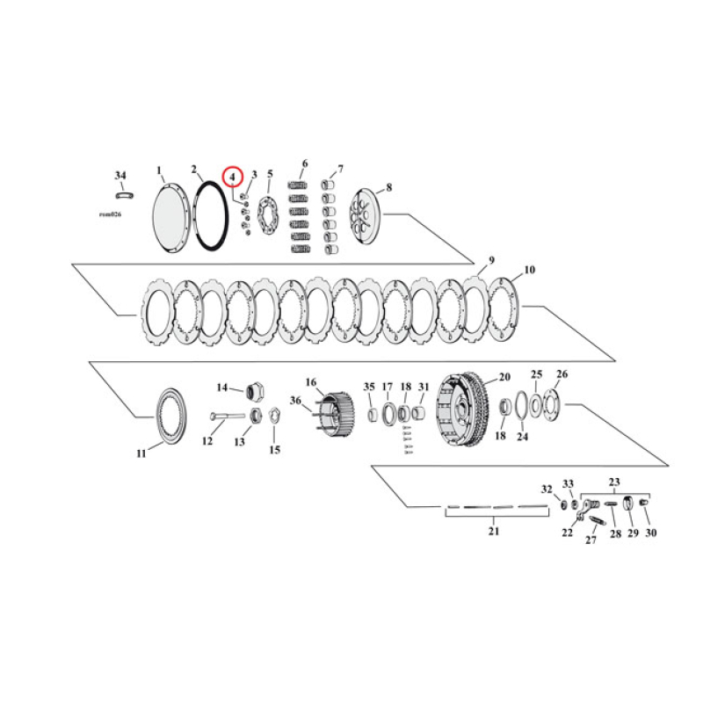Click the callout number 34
(x=120, y=175)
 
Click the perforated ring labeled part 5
(x=269, y=217)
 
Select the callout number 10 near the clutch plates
(x=528, y=270)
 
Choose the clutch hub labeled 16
(x=333, y=413)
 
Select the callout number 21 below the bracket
(x=493, y=531)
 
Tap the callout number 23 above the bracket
(x=614, y=482)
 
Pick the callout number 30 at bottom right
(x=650, y=533)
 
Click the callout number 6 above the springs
(x=304, y=163)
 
